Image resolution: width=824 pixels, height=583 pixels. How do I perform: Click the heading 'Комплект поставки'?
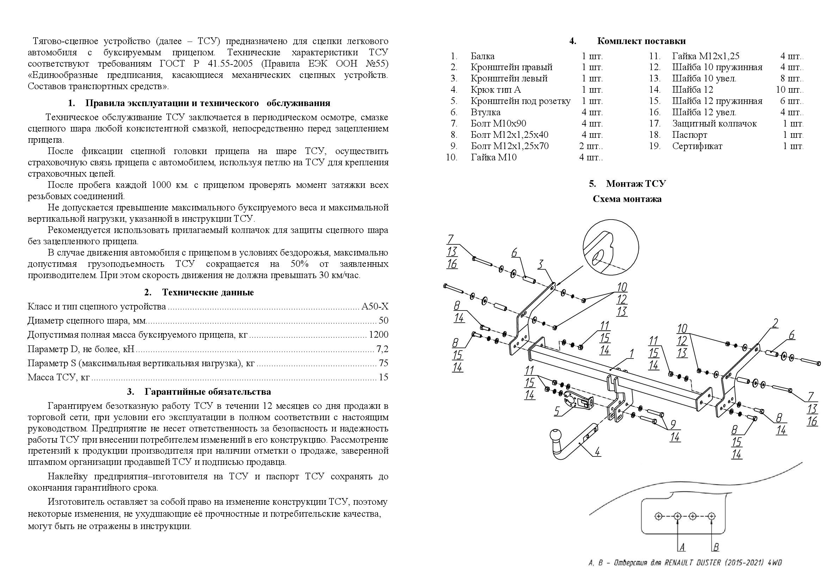click(x=641, y=41)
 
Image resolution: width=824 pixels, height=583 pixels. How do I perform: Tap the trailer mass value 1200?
click(x=378, y=335)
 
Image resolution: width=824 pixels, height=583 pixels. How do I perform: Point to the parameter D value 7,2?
click(x=382, y=349)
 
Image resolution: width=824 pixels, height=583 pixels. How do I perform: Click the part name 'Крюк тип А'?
click(x=496, y=90)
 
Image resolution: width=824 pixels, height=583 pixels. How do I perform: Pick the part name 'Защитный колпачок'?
click(x=714, y=124)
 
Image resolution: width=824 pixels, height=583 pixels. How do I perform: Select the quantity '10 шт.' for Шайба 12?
click(x=789, y=90)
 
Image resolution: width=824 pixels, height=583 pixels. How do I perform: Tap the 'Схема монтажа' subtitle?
click(x=627, y=199)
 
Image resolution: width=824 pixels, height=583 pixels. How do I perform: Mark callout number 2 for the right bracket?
click(x=775, y=324)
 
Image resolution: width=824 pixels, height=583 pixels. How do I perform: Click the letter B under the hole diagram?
click(x=715, y=547)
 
